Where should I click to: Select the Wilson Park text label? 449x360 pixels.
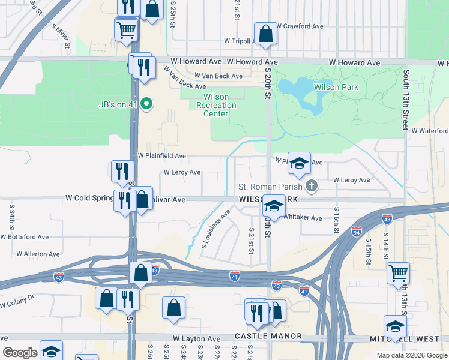coord(336,87)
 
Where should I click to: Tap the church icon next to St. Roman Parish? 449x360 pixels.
coord(311,186)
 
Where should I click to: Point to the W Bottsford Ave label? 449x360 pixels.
coord(25,237)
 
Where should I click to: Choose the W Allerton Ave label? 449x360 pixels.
coord(38,254)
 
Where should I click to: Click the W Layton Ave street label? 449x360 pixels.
coord(196,339)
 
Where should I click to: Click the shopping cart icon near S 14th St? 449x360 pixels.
coord(398,273)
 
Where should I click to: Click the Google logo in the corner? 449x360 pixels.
coord(20,352)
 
